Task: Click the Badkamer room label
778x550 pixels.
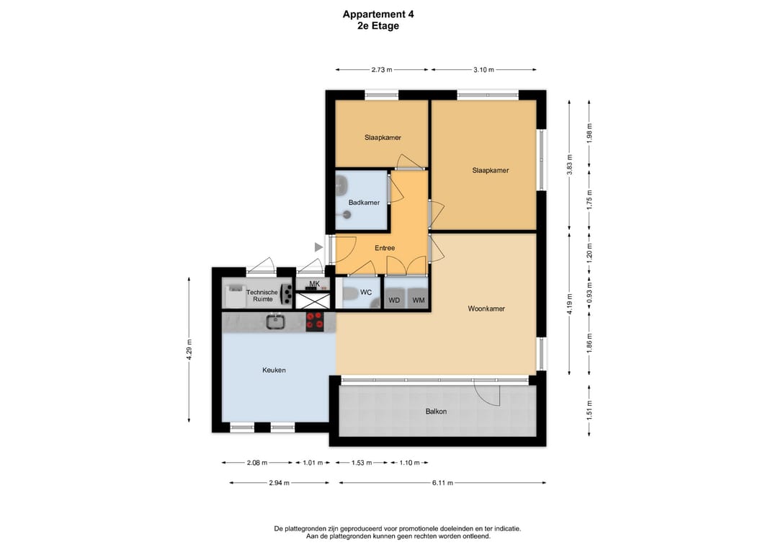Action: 364,203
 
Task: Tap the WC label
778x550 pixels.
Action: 366,293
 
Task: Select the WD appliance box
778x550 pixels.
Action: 394,300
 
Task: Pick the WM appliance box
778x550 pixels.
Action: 419,300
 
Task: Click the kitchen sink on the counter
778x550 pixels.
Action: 274,321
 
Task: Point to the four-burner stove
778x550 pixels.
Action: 315,321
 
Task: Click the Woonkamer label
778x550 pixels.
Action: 486,309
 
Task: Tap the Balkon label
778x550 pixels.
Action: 436,412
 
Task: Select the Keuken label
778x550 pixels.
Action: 274,371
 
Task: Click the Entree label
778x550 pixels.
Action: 385,248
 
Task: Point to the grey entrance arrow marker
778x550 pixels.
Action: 318,247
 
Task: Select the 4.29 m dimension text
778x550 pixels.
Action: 189,350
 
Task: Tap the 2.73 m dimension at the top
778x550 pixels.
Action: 382,70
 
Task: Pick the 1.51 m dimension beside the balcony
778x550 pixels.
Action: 589,410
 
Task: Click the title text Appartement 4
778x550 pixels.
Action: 378,14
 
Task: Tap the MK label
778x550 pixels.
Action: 315,284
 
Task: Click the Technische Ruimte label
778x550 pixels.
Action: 262,296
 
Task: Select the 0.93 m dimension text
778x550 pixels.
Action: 589,293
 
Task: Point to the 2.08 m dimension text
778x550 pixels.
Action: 257,463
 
